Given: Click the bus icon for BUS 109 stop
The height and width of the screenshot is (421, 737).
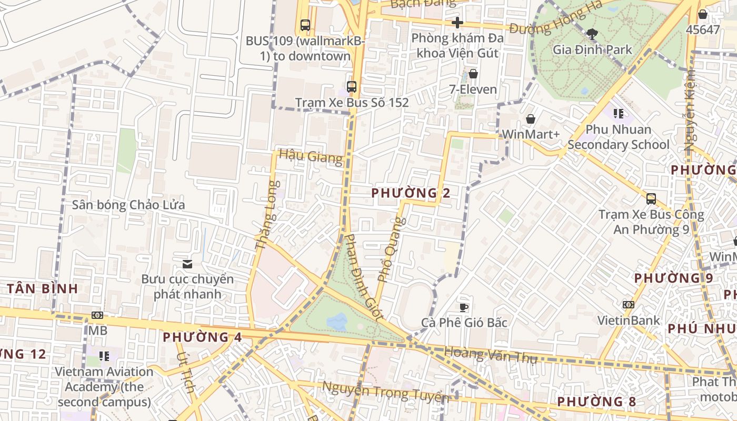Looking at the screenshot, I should [x=305, y=25].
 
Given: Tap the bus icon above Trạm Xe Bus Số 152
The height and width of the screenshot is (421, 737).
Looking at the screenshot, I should [x=351, y=87].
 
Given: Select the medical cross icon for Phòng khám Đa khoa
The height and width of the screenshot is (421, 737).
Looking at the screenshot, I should [x=457, y=23].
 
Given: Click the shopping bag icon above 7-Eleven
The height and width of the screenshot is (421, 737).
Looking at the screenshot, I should [x=473, y=74].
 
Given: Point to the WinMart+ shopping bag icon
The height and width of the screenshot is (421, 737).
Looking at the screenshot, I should [x=530, y=119].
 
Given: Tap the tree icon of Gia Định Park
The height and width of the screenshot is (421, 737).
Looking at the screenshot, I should [x=592, y=34].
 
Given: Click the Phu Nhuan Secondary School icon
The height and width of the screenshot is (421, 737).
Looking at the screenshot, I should [x=618, y=113].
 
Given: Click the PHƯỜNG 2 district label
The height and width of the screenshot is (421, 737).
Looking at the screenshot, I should [x=411, y=193].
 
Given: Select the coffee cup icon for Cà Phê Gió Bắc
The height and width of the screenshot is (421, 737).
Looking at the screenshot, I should [x=463, y=307].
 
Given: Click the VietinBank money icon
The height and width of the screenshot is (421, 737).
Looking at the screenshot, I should [x=628, y=305].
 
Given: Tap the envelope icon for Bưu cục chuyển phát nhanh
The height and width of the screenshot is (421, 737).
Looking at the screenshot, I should [x=187, y=264].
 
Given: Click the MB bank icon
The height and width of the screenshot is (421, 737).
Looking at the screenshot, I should [x=97, y=315].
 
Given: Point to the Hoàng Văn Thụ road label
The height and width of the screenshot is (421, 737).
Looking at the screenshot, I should [x=490, y=355].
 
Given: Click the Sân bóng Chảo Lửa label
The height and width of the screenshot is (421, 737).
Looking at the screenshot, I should [x=128, y=205].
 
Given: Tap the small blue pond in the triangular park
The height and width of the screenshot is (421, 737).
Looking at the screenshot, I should [x=337, y=321].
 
